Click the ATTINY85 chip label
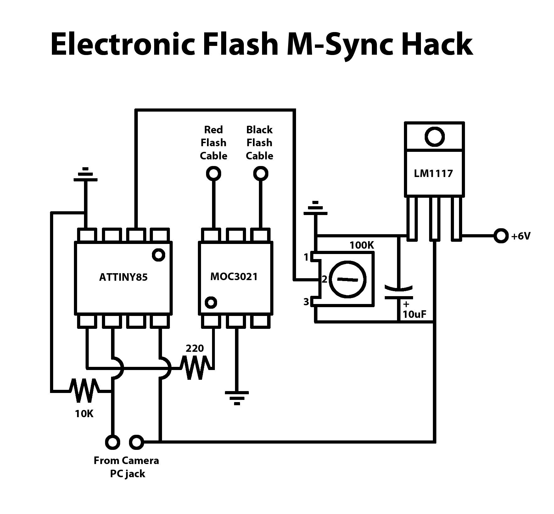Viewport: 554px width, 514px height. [x=123, y=277]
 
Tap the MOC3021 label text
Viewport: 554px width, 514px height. [x=234, y=277]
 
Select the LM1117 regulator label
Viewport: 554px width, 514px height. [x=433, y=173]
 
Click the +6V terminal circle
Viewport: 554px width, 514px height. [x=501, y=236]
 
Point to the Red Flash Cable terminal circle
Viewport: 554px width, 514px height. [x=213, y=173]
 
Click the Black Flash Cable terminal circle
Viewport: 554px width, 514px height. [x=260, y=173]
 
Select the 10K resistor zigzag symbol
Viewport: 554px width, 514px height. [x=84, y=391]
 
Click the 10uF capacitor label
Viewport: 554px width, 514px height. [x=414, y=314]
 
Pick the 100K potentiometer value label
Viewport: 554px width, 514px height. [x=362, y=245]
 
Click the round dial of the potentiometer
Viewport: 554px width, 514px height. [x=348, y=279]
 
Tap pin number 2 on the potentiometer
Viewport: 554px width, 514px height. [x=325, y=279]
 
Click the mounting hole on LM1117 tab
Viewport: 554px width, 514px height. [x=434, y=136]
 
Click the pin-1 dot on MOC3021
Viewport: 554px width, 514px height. [x=210, y=302]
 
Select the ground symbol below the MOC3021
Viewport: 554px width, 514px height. [x=237, y=398]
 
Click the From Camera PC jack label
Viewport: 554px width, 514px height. [x=126, y=467]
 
